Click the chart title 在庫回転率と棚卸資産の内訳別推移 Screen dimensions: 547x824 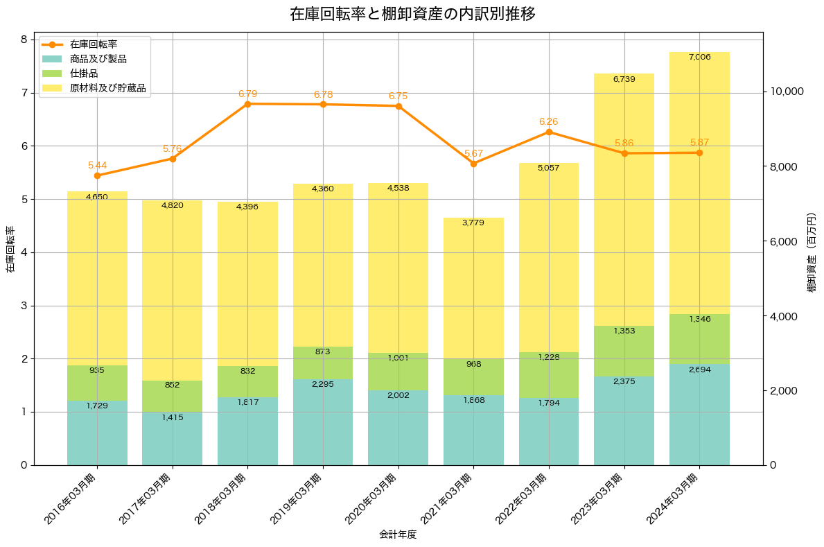pyautogui.click(x=412, y=14)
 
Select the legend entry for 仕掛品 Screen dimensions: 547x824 pyautogui.click(x=84, y=73)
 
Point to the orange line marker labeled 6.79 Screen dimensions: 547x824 pyautogui.click(x=247, y=104)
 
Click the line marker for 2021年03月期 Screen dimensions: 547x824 pyautogui.click(x=473, y=164)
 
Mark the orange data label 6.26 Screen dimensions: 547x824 pyautogui.click(x=548, y=121)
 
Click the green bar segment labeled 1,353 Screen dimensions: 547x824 pyautogui.click(x=624, y=351)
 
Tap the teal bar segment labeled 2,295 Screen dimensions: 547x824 pyautogui.click(x=323, y=422)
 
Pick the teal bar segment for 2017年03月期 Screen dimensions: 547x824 pyautogui.click(x=172, y=439)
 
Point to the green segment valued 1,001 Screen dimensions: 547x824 pyautogui.click(x=398, y=372)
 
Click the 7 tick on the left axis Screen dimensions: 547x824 pyautogui.click(x=24, y=93)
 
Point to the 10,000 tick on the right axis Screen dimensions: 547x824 pyautogui.click(x=786, y=92)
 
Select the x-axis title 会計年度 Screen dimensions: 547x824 pyautogui.click(x=398, y=535)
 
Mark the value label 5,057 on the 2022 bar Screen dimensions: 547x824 pyautogui.click(x=548, y=168)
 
